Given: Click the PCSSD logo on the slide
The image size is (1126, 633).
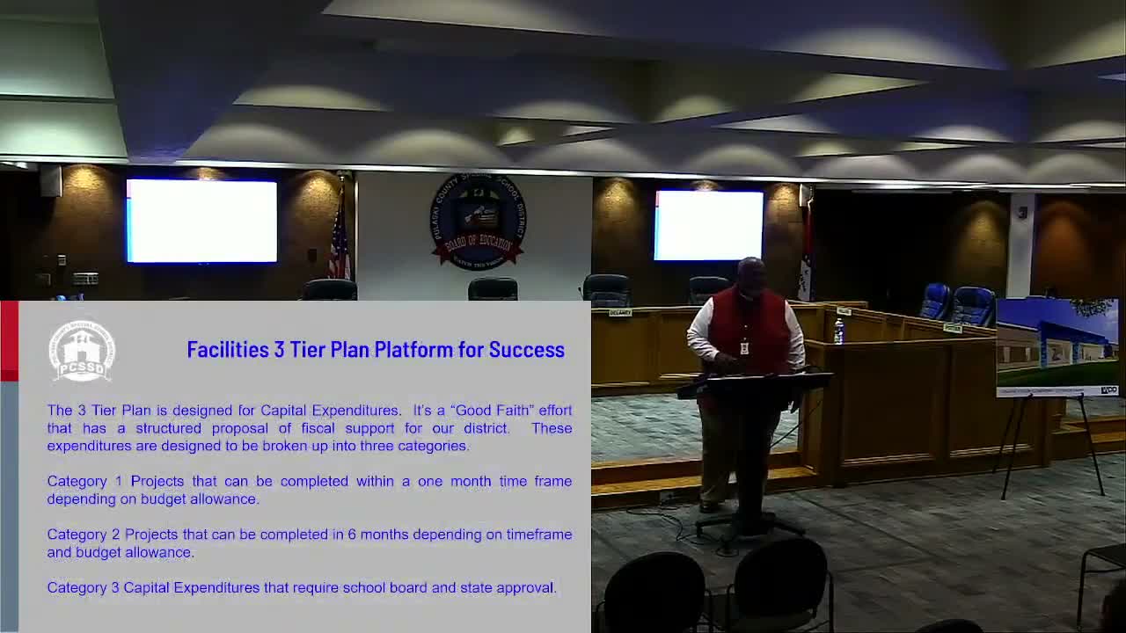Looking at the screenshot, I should tap(82, 351).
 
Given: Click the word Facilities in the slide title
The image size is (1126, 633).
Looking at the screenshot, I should tap(227, 350).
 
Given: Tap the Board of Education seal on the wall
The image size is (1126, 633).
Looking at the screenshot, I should tap(478, 221).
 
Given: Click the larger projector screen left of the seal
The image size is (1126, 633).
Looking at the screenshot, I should tap(201, 222).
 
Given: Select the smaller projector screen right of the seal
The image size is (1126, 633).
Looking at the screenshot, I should tap(709, 226).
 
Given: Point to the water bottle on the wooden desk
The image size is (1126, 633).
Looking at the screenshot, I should tap(838, 331).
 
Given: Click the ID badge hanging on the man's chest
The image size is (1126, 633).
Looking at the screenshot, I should tap(744, 347).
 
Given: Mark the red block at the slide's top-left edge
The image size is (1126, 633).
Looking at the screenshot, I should tap(9, 341).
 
